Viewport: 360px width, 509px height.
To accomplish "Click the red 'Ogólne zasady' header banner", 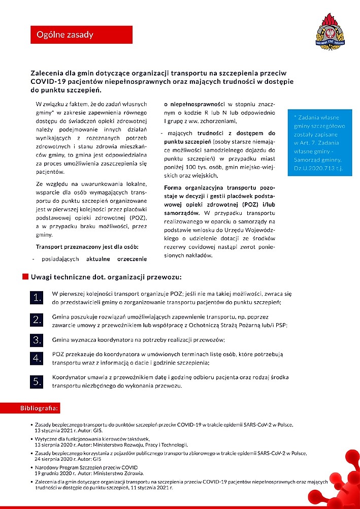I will (x=81, y=35).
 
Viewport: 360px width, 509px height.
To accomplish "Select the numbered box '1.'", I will (x=38, y=298).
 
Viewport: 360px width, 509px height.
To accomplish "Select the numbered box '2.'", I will (x=38, y=320).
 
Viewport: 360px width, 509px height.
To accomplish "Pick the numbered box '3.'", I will (x=38, y=339).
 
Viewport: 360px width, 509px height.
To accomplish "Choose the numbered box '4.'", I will (x=38, y=359).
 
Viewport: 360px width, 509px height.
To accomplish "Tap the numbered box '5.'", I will (x=38, y=382).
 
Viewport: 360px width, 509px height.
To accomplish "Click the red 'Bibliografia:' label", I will (x=40, y=408).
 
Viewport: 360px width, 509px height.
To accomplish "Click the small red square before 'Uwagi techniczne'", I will (x=24, y=277).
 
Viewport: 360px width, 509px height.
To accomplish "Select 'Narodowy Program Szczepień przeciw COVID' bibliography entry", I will (x=86, y=467).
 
